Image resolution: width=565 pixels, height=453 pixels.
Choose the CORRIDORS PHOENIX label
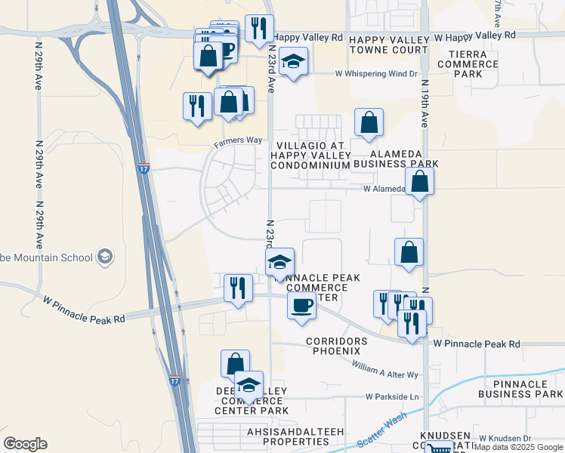point(337,347)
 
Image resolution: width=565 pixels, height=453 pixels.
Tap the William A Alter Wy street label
point(385,369)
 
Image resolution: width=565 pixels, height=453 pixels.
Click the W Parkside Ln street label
point(392,396)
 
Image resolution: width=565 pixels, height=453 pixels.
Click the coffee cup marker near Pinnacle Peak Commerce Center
point(301,306)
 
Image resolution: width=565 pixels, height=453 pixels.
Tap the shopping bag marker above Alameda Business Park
point(369,122)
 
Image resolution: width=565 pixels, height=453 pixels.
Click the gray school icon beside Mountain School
point(105,257)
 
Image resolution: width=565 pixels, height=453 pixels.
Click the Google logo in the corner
point(26,443)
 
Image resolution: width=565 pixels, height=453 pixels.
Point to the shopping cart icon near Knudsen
point(440,448)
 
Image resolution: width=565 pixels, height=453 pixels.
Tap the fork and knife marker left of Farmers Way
point(197,106)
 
